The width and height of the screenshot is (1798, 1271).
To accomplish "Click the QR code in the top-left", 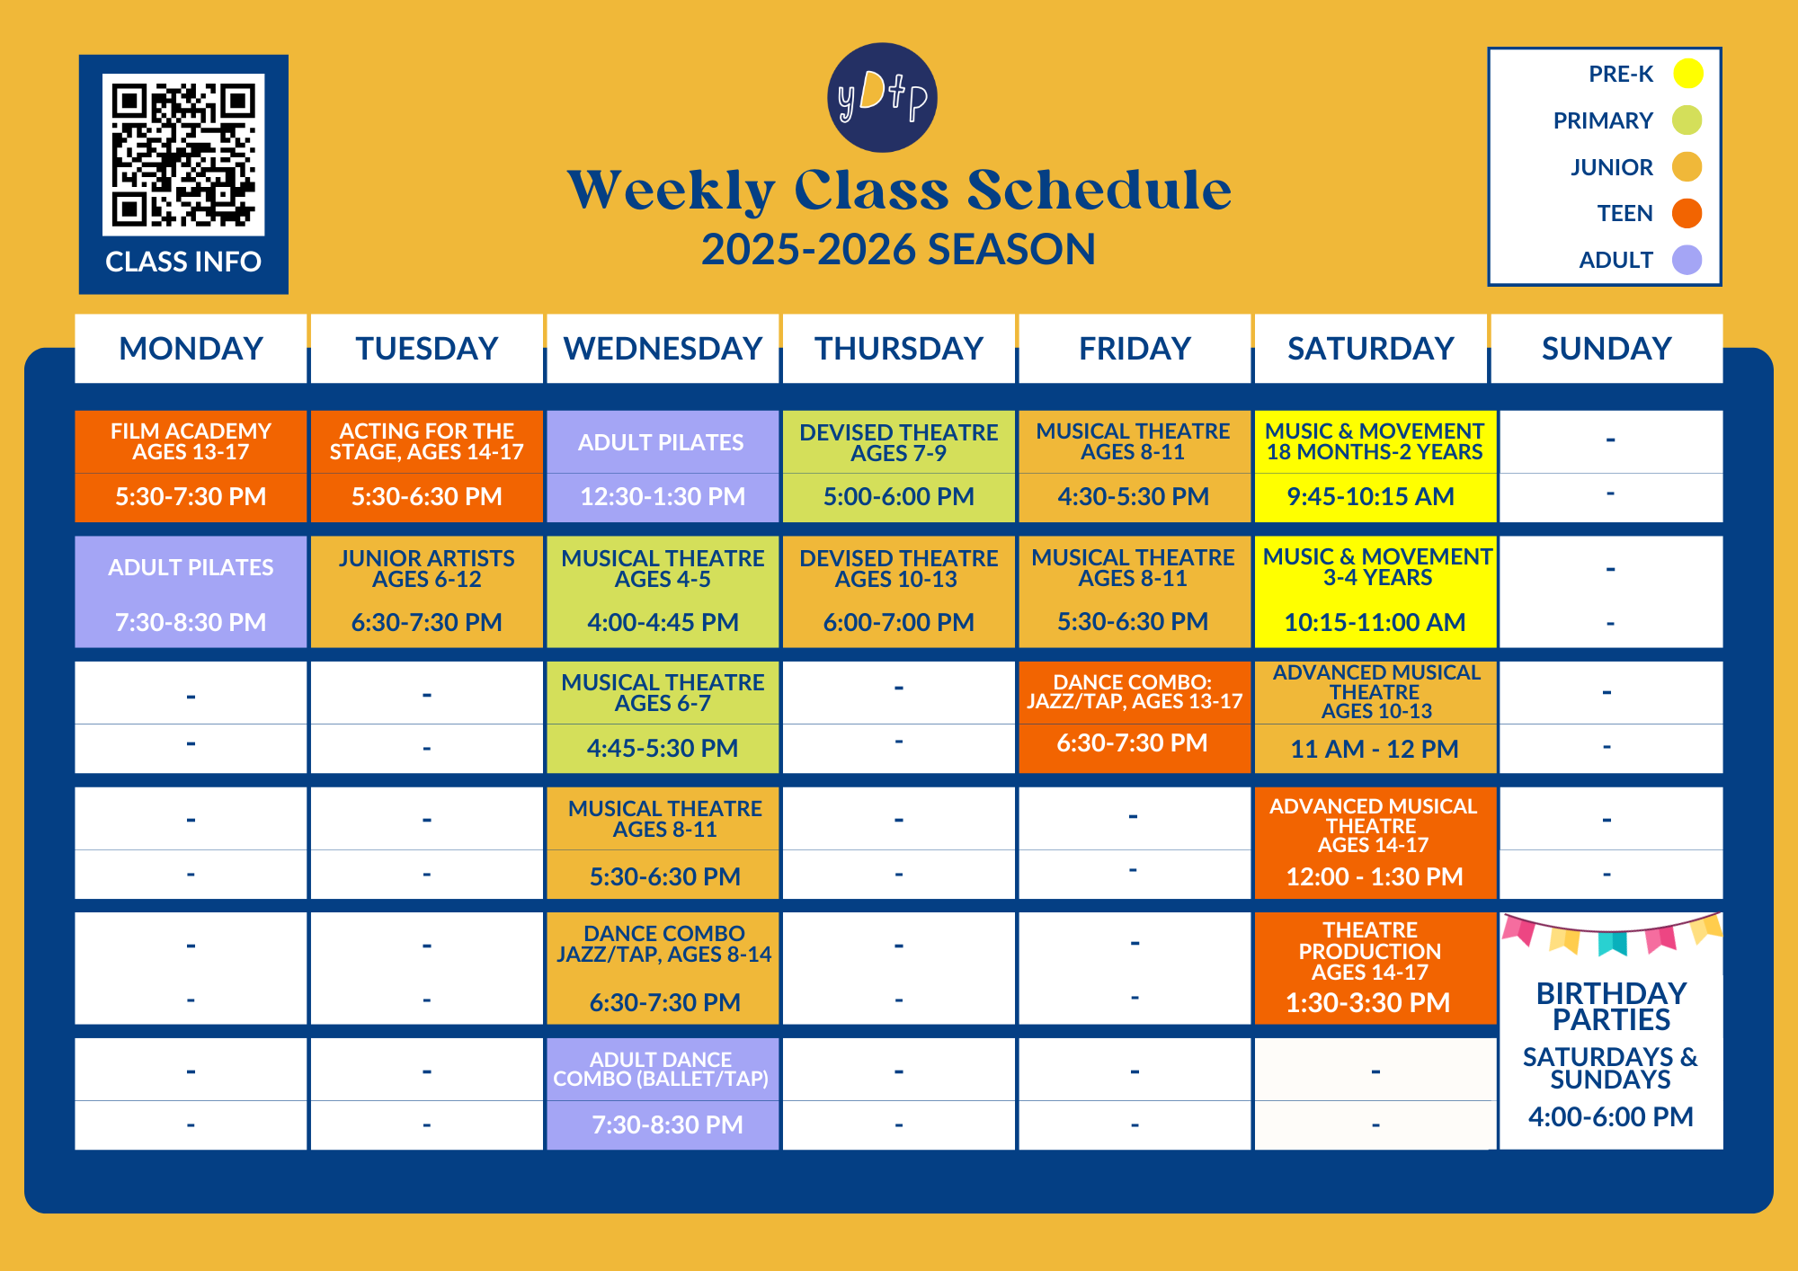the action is click(183, 155).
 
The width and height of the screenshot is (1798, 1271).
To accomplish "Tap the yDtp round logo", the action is click(882, 97).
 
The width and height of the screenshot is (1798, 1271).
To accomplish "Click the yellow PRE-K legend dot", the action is click(1687, 74).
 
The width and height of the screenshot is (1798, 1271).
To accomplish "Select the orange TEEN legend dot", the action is click(1687, 213).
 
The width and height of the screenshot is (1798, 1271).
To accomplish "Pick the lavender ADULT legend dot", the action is click(1687, 260).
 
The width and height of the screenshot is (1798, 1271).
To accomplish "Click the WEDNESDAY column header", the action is click(663, 349).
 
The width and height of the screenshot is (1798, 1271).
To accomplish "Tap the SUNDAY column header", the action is click(1607, 349).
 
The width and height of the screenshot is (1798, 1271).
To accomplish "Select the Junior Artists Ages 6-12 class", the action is click(427, 591).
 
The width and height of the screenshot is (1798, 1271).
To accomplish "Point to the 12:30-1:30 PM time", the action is click(663, 496).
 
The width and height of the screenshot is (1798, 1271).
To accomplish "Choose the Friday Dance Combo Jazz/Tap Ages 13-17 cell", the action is click(1135, 716).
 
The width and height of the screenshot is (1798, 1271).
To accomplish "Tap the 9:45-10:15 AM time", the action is click(1370, 496).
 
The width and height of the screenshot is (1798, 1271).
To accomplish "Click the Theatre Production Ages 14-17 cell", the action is click(1375, 968).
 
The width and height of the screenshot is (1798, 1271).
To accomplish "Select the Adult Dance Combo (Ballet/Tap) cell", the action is click(663, 1094).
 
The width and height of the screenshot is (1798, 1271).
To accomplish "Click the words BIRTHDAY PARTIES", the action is click(1611, 1007).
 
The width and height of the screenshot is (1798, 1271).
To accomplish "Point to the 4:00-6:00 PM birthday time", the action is click(1611, 1117).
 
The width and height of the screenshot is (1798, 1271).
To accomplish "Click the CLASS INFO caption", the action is click(183, 262).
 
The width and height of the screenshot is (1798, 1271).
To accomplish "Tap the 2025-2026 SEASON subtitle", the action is click(898, 249).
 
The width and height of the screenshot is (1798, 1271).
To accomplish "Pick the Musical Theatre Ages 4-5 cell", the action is click(663, 591).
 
